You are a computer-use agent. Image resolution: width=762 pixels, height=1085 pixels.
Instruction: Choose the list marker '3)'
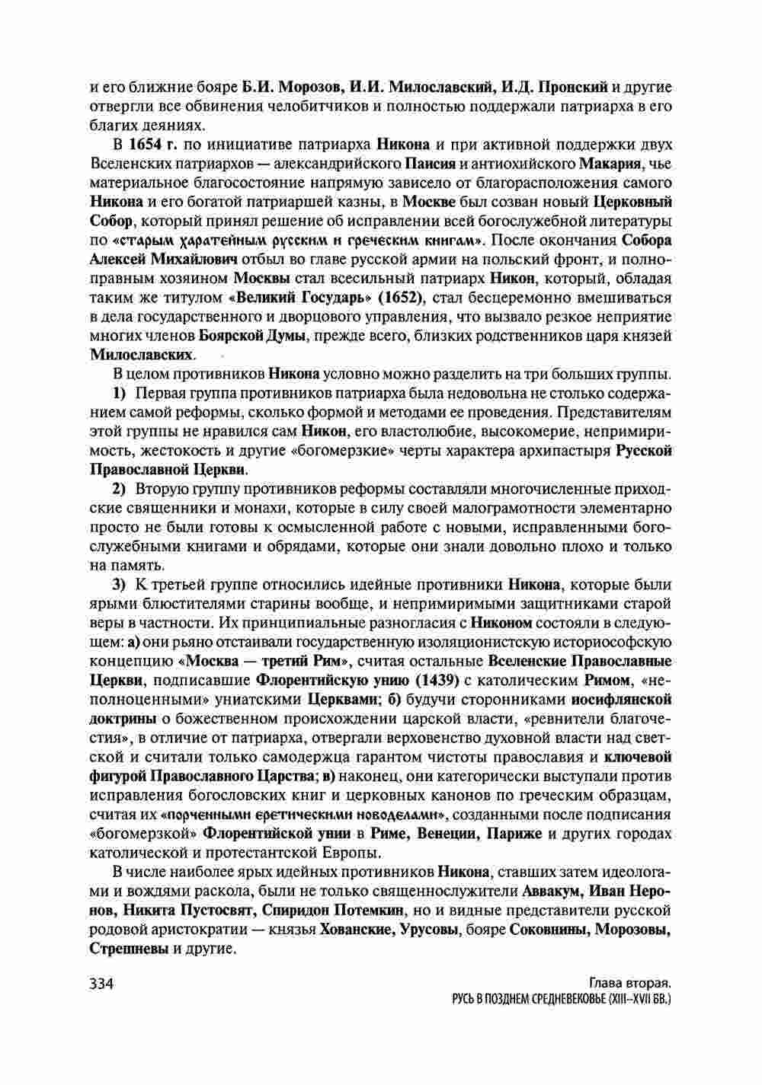click(x=120, y=585)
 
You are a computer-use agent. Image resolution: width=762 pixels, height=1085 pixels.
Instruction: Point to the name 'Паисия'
click(x=430, y=164)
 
